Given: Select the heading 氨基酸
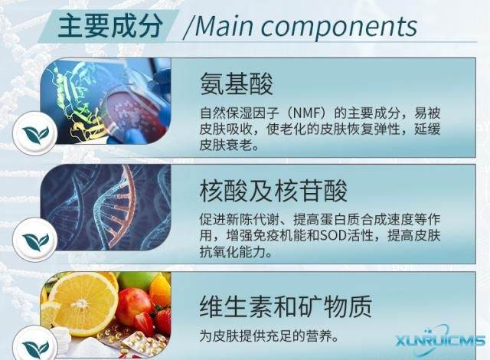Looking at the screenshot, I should pos(237,83).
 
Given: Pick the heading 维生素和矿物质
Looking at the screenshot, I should pos(286,307).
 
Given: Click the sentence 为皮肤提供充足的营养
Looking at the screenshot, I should pos(268,335).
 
